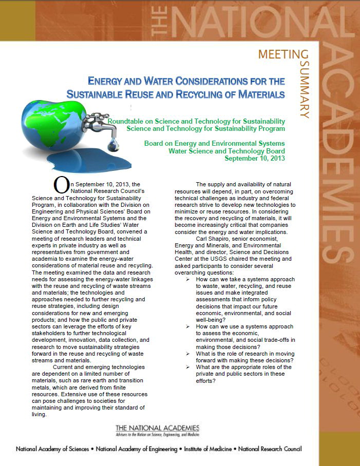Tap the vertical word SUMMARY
[x=304, y=90]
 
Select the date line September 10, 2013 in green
[x=255, y=158]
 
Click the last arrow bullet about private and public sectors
[x=188, y=367]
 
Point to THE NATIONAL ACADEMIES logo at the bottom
[x=157, y=430]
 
